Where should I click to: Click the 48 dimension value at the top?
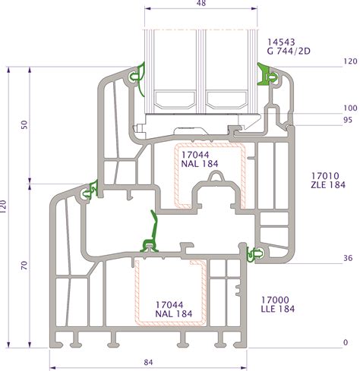pos(201,3)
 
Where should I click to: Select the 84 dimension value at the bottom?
pos(148,362)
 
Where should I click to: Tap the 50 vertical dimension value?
pos(24,124)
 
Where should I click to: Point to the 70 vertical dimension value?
pos(24,265)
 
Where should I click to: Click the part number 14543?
pos(281,42)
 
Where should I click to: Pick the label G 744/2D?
pos(289,52)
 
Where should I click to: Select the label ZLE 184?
pos(328,185)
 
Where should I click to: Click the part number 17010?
pos(325,176)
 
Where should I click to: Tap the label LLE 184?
pos(278,309)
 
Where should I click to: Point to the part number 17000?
pos(275,300)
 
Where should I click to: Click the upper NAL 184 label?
pos(200,164)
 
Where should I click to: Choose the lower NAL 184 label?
pos(174,314)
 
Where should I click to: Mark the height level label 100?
pos(350,108)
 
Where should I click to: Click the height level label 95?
pos(348,120)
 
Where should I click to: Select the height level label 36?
pos(348,258)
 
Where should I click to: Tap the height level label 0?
pos(346,342)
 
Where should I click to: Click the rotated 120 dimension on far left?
pos(3,206)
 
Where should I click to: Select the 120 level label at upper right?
pos(350,61)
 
